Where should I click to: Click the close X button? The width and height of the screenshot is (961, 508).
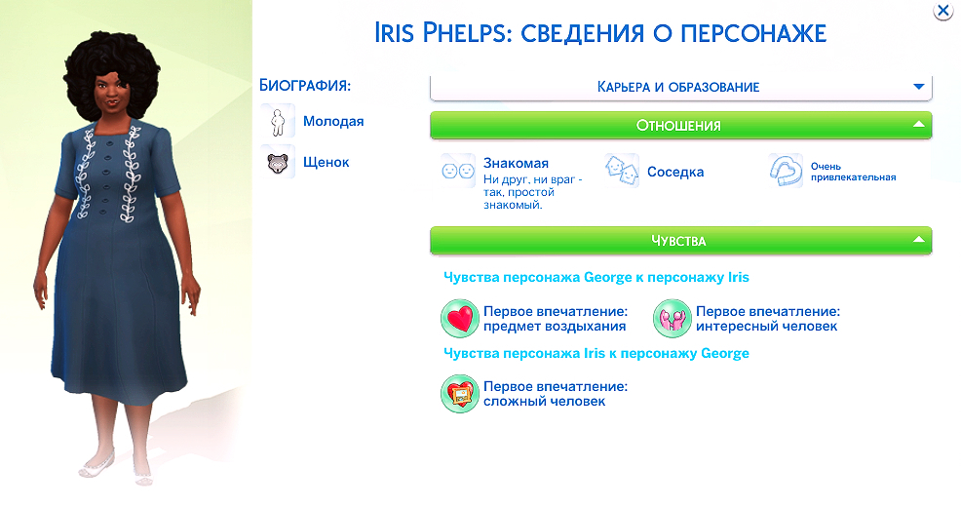tap(942, 12)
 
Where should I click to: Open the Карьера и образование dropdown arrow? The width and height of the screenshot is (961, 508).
tap(917, 87)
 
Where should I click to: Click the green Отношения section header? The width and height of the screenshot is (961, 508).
tap(680, 125)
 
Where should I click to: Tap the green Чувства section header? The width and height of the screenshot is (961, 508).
tap(680, 240)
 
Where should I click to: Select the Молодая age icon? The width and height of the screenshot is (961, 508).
tap(279, 122)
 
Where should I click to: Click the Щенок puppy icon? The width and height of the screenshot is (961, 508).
tap(279, 163)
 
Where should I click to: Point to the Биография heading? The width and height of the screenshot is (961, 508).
tap(305, 85)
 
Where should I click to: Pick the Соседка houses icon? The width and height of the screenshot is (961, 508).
tap(621, 172)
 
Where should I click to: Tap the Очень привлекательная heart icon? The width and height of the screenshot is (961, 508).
tap(786, 172)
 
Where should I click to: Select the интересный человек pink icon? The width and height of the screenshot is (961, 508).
tap(671, 318)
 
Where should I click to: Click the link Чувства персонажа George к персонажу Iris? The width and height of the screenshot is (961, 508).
tap(596, 278)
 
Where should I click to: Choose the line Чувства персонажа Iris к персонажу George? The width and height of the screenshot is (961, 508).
tap(596, 353)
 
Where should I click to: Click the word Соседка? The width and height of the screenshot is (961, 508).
tap(675, 172)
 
